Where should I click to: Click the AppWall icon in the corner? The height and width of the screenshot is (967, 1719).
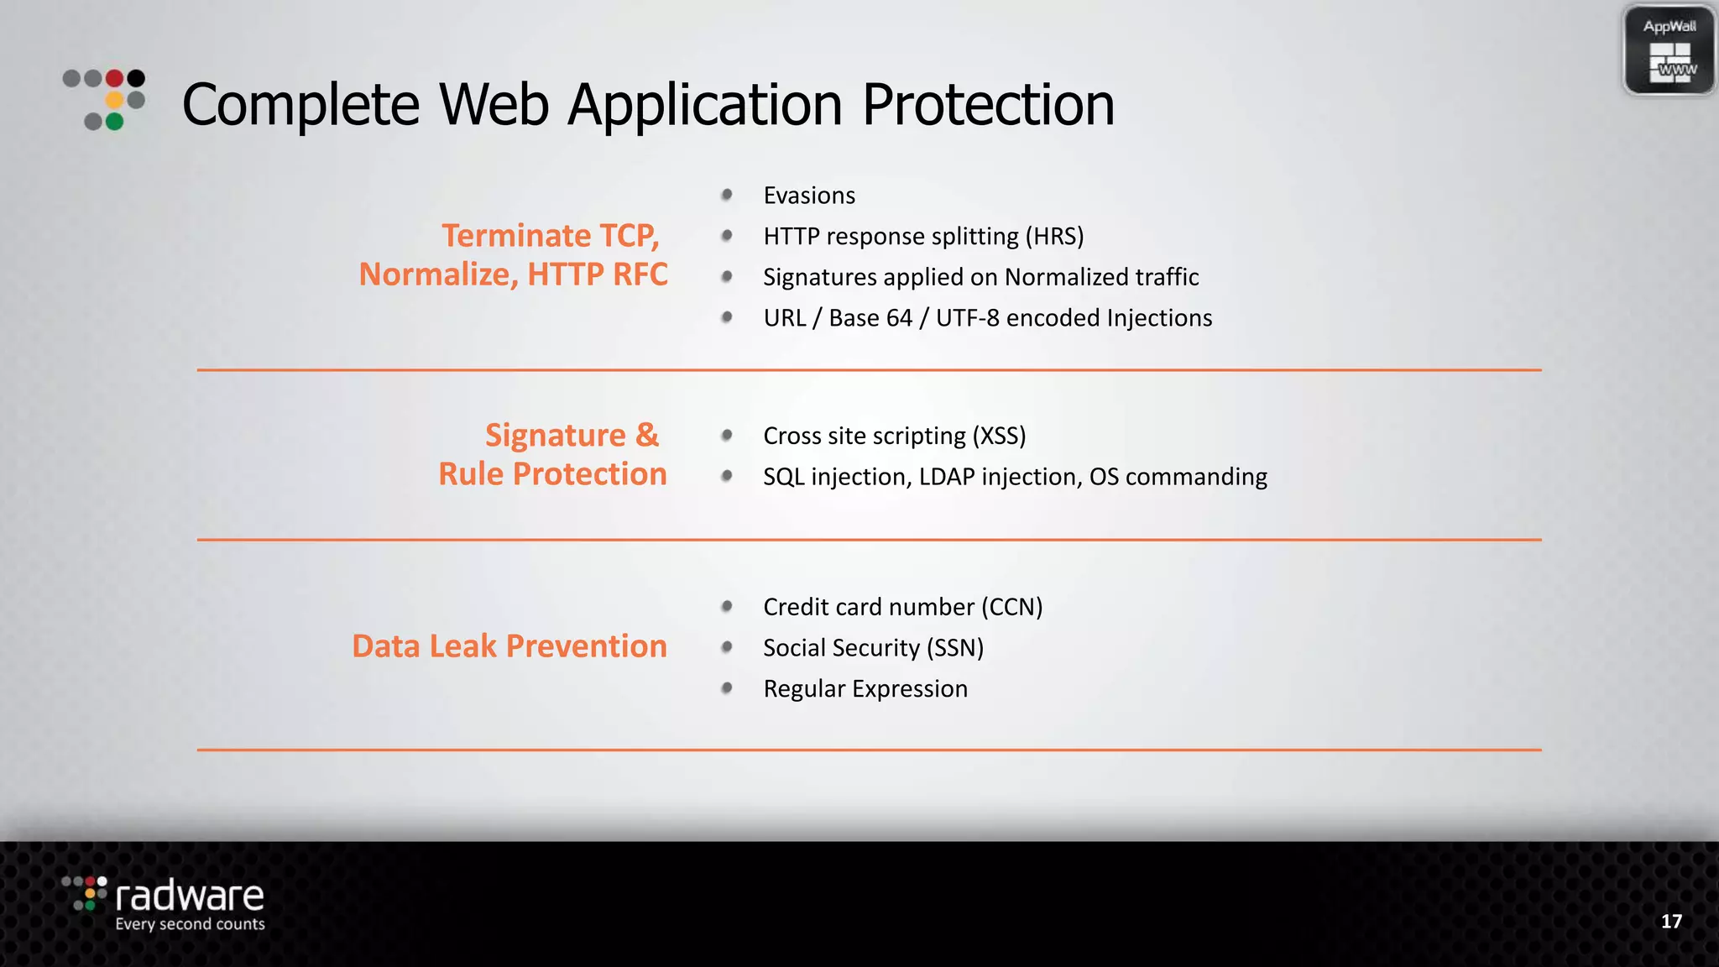(x=1669, y=50)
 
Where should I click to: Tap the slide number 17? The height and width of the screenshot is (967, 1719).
(x=1671, y=921)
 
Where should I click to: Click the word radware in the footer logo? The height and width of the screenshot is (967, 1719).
(x=190, y=896)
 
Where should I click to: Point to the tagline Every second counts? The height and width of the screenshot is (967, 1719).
(x=190, y=924)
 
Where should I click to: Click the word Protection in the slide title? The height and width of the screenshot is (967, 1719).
(x=988, y=105)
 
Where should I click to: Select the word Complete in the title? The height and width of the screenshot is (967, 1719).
(x=300, y=105)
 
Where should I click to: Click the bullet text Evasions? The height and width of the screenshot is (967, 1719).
(x=809, y=196)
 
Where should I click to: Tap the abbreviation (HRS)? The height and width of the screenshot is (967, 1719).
(x=1054, y=237)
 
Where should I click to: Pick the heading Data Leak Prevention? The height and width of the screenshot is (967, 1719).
(x=509, y=646)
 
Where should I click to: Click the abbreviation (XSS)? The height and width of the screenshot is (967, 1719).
(x=999, y=436)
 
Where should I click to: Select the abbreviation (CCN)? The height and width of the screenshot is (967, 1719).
(x=1012, y=607)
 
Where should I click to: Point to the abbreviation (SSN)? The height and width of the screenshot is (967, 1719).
(x=955, y=648)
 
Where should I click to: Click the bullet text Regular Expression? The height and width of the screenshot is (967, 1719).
(x=865, y=689)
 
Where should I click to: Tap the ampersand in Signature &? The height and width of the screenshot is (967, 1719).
(x=646, y=436)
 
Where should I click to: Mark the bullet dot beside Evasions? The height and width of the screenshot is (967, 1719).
(x=727, y=195)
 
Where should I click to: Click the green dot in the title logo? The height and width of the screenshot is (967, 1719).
(x=115, y=122)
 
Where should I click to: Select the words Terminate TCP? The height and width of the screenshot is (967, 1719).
(x=551, y=236)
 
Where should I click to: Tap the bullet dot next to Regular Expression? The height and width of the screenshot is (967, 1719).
(x=727, y=688)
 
